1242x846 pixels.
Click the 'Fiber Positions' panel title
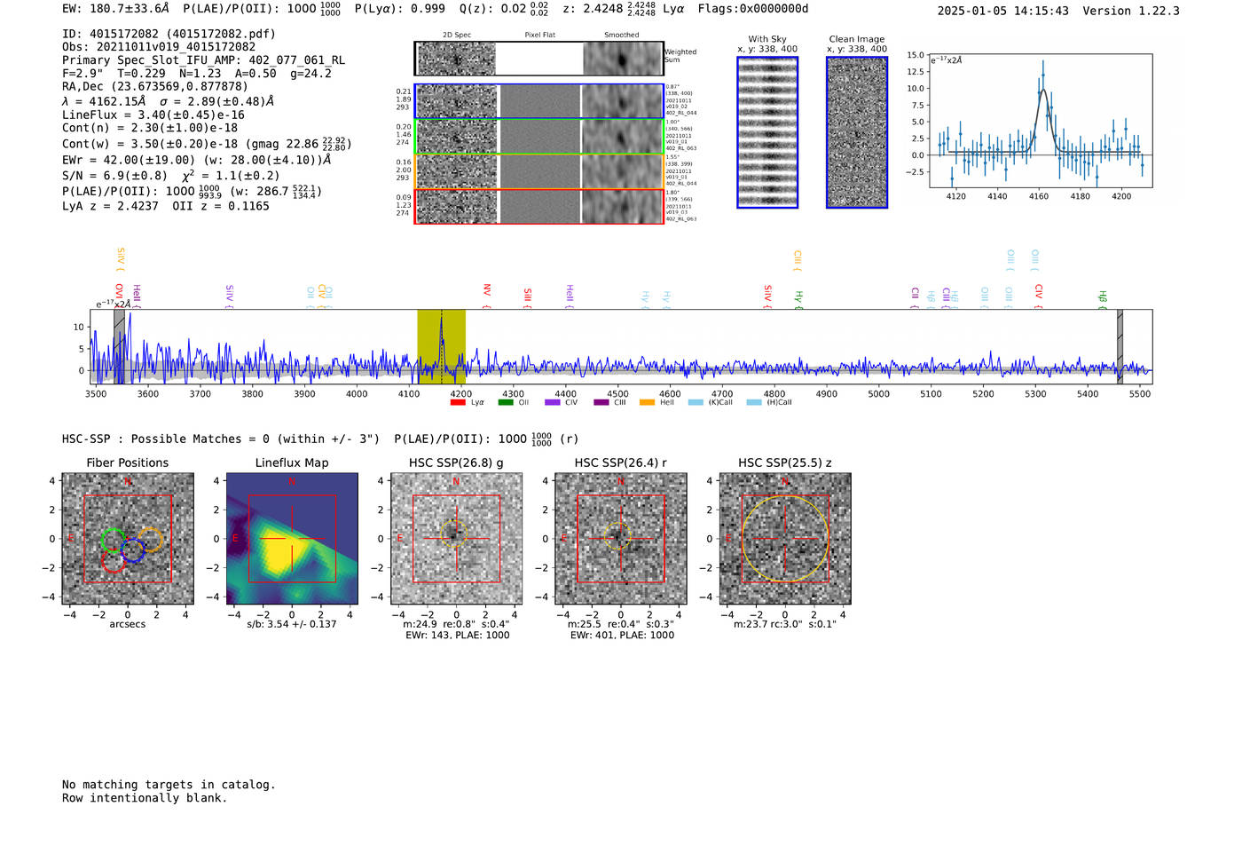pyautogui.click(x=127, y=463)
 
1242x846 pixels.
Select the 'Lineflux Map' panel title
pyautogui.click(x=292, y=463)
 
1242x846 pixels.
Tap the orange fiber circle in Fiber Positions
pyautogui.click(x=152, y=539)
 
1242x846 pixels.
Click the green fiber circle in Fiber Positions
pyautogui.click(x=113, y=540)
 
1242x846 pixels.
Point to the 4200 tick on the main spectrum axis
pyautogui.click(x=460, y=394)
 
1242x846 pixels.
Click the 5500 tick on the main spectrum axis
pyautogui.click(x=1140, y=394)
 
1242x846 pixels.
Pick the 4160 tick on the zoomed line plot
pyautogui.click(x=1039, y=196)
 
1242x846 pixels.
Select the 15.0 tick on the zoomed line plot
pyautogui.click(x=916, y=55)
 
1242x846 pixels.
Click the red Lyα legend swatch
pyautogui.click(x=458, y=403)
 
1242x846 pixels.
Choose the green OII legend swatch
pyautogui.click(x=506, y=403)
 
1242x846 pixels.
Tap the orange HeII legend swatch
pyautogui.click(x=647, y=403)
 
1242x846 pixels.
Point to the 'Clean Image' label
pyautogui.click(x=856, y=39)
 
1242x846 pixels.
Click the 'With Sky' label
pyautogui.click(x=766, y=39)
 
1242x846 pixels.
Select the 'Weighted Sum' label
pyautogui.click(x=680, y=56)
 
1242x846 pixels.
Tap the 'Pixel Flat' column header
pyautogui.click(x=539, y=36)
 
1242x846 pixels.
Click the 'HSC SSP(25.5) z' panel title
pyautogui.click(x=785, y=463)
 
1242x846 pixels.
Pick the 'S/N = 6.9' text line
pyautogui.click(x=114, y=176)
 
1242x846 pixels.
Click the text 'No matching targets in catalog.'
pyautogui.click(x=169, y=785)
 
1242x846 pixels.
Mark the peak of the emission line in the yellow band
pyautogui.click(x=442, y=315)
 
